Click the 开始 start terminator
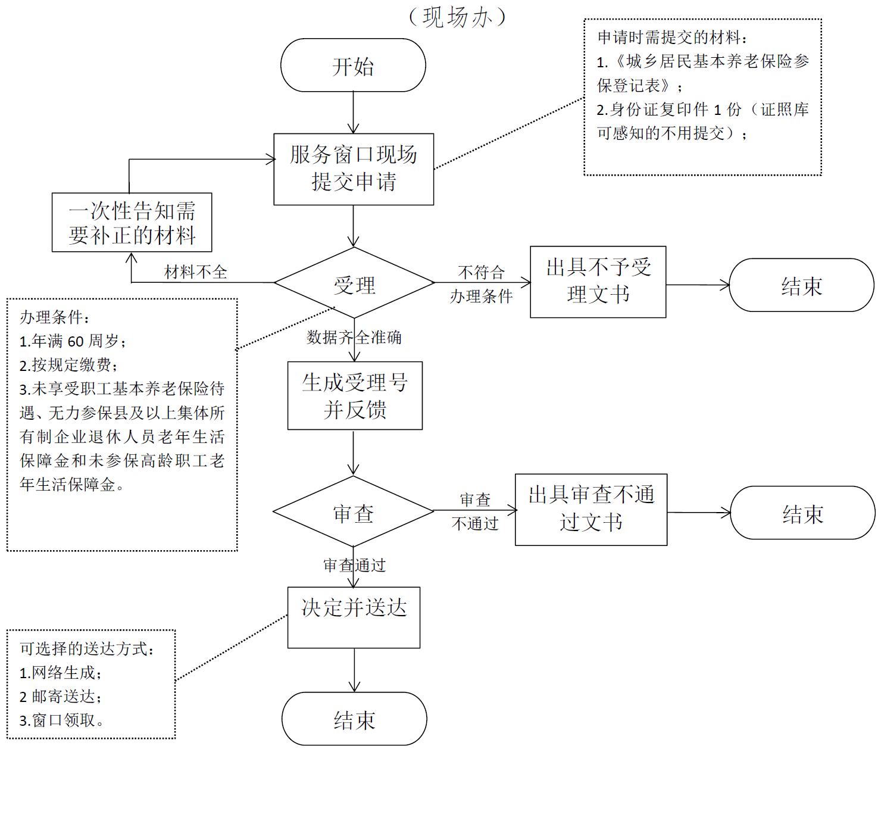coord(353,65)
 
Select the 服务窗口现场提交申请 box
coord(354,169)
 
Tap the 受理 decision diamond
coord(354,283)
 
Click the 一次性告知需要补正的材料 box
coord(132,222)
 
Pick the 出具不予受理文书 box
coord(598,282)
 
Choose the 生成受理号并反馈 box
coord(355,395)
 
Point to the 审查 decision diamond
coord(354,511)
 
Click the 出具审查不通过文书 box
coord(590,509)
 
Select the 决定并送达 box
coord(354,617)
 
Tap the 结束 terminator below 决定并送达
coord(354,719)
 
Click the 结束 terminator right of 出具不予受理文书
coord(801,285)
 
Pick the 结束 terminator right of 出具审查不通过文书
coord(802,513)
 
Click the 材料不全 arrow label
coord(196,273)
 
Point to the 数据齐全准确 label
coord(354,338)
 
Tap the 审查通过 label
coord(354,565)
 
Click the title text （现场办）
coord(457,17)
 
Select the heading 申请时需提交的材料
coord(672,38)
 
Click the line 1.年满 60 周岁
coord(73,341)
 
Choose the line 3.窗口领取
coord(61,720)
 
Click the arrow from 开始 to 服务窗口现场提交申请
coord(354,112)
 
